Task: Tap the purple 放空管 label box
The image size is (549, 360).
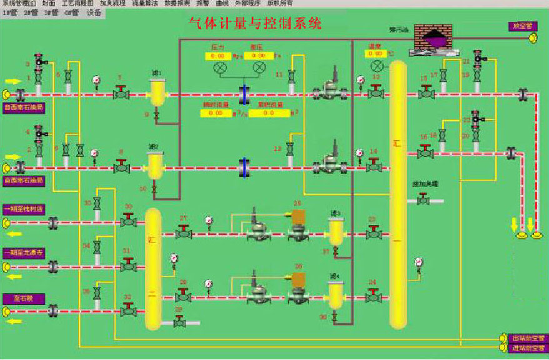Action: (x=520, y=26)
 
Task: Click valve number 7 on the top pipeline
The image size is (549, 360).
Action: (x=121, y=94)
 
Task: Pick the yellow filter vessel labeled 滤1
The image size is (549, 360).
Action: (x=156, y=94)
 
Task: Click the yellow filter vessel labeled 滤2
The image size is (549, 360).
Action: (x=154, y=166)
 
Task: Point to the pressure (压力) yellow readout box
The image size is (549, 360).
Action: (x=217, y=56)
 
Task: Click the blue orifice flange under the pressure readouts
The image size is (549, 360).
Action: (x=244, y=94)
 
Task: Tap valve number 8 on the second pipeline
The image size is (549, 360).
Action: (x=121, y=167)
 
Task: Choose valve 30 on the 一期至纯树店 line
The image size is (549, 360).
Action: (x=128, y=220)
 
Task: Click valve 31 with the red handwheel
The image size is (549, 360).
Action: (x=128, y=265)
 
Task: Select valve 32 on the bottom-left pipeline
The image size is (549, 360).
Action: (x=128, y=309)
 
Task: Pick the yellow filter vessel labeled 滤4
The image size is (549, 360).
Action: (x=337, y=294)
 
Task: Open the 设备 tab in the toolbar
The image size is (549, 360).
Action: (x=94, y=12)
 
